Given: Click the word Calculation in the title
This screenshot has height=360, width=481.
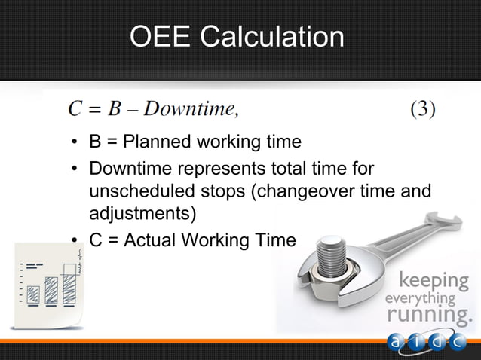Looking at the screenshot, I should point(272,37).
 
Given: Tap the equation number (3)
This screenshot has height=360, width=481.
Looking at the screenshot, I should point(423,109).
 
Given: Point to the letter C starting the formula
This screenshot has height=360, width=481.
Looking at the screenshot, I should point(75,109).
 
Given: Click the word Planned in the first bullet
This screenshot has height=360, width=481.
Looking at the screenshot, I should point(157,142).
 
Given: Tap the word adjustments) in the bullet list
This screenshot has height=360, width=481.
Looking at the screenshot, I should point(142,214).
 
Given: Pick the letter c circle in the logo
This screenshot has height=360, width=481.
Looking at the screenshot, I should point(458,342).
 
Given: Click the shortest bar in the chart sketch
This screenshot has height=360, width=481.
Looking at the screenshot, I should point(33,294).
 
